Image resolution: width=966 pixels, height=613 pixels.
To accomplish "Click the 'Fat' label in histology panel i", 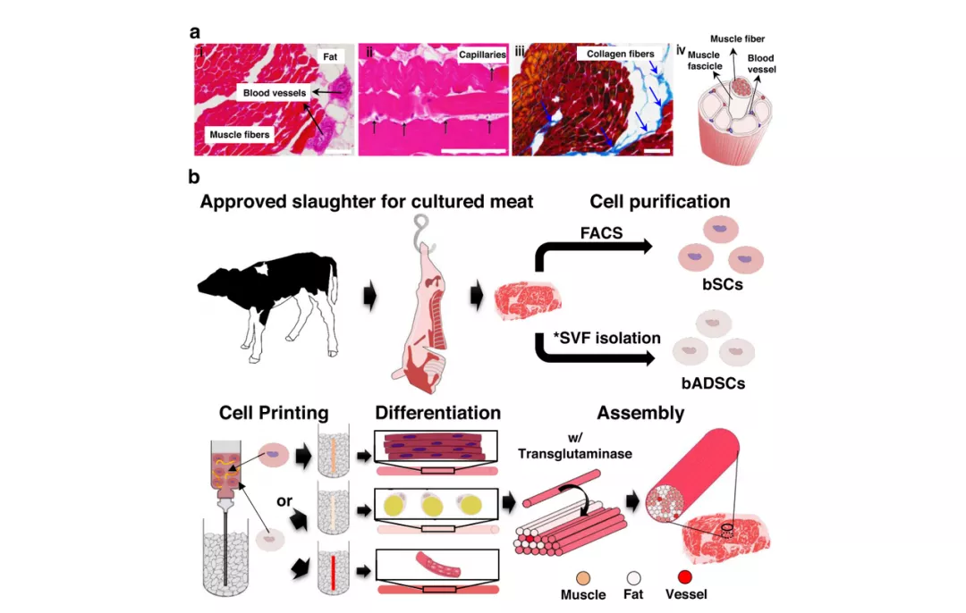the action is [330, 56].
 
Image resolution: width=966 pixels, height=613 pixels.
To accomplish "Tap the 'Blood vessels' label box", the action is [275, 93].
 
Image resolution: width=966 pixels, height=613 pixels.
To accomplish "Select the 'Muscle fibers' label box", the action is [239, 135].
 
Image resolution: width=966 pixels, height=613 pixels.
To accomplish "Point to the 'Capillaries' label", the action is [482, 55].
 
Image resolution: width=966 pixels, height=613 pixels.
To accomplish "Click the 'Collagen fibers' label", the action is [621, 54].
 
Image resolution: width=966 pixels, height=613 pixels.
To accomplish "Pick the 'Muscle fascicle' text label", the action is [704, 60].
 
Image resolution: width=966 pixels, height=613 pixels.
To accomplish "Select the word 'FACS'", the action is [601, 233].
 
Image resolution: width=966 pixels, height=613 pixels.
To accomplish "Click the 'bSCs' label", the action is [722, 284].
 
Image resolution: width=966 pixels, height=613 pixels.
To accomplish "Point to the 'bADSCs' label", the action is [713, 383].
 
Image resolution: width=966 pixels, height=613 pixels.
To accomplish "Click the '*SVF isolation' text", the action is [606, 338].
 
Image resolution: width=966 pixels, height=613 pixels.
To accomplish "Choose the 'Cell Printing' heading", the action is [274, 413].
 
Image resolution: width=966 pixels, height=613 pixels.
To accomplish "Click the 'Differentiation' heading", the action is [437, 412].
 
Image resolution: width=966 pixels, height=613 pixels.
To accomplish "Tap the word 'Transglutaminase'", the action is [575, 454].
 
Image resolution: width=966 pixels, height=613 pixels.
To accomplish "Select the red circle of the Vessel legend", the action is [684, 577].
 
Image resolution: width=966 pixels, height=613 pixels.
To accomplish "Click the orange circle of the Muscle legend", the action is [583, 578].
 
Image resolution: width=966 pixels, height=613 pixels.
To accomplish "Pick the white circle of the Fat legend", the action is [633, 578].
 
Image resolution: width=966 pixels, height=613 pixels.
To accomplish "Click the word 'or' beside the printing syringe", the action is [284, 501].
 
